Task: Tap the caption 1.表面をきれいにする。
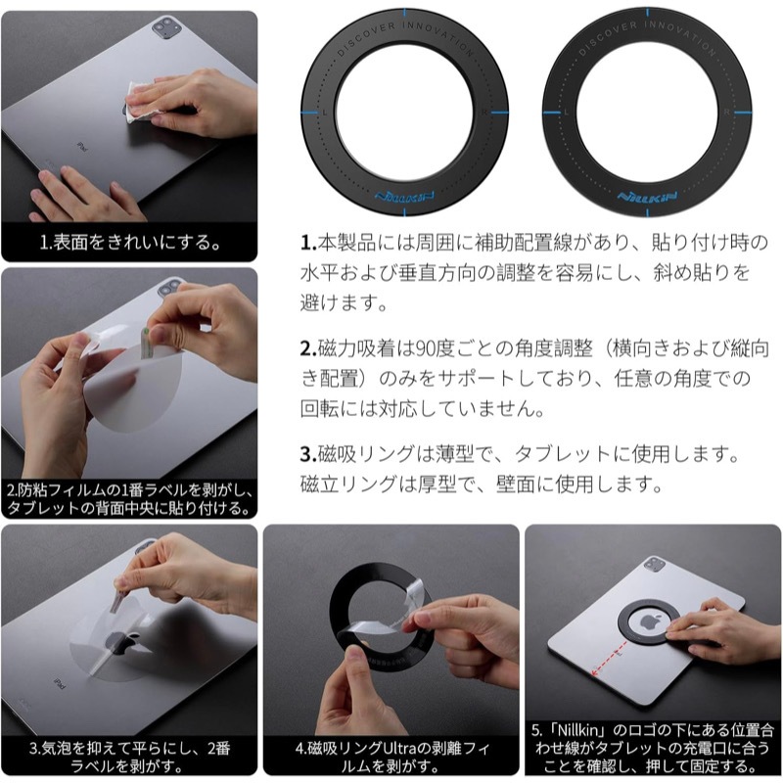130,242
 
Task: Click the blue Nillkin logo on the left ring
404,197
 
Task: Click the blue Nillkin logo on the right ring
647,197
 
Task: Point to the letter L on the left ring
325,113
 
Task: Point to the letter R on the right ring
727,113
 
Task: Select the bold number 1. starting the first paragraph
308,243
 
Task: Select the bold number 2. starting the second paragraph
308,348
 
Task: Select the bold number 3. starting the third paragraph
308,454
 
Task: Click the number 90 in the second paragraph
425,348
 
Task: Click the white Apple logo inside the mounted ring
648,622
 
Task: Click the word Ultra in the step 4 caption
399,748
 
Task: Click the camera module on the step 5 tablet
654,565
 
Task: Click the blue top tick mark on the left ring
404,12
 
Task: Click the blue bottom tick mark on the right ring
648,212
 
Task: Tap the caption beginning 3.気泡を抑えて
130,757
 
